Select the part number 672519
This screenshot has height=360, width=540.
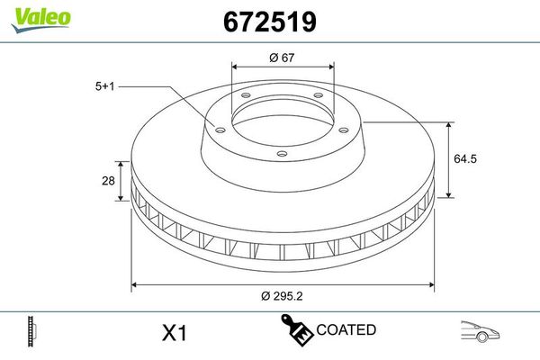[267, 22]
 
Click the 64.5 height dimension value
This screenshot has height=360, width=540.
[463, 159]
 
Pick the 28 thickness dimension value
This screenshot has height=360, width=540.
[108, 181]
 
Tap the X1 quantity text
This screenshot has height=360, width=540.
[173, 333]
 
